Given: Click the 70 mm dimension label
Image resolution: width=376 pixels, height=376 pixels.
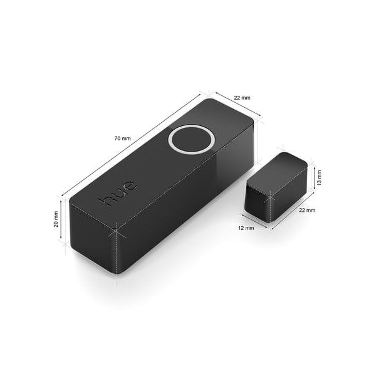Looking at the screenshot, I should tap(123, 137).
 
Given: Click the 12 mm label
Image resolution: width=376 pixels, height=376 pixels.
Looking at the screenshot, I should tap(246, 228).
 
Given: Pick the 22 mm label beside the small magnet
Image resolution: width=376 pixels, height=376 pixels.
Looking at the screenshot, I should tap(307, 211).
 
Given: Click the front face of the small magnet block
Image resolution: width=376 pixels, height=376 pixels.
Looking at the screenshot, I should tap(257, 202).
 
